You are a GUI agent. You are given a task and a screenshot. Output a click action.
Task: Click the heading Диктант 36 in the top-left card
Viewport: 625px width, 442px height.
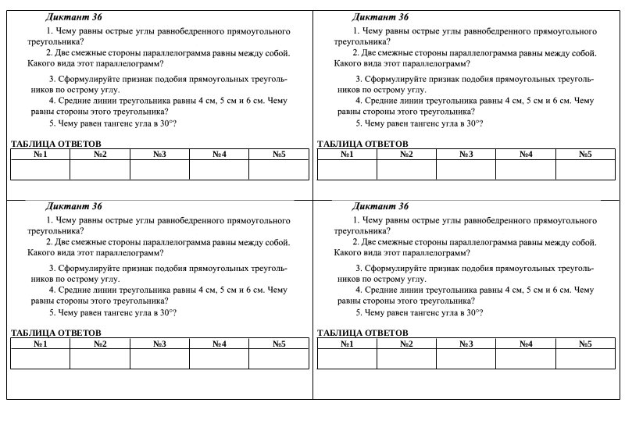coord(73,17)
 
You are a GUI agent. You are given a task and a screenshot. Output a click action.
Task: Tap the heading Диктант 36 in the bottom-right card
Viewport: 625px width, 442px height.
coord(380,207)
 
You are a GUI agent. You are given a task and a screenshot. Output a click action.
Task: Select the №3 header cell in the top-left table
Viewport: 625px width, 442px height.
coord(159,155)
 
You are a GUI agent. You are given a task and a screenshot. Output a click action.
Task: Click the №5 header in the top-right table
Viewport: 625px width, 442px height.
coord(585,155)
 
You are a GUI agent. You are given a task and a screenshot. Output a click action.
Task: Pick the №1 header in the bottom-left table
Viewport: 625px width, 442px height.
coord(40,344)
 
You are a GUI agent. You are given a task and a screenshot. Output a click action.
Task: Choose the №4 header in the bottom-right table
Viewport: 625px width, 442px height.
coord(525,344)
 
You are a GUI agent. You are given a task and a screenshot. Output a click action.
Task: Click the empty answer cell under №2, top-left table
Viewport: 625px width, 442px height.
coord(100,169)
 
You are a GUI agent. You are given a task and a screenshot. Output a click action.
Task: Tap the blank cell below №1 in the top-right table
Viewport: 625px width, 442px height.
coord(347,169)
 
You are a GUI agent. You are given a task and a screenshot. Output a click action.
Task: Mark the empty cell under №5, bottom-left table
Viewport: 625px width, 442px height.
coord(279,358)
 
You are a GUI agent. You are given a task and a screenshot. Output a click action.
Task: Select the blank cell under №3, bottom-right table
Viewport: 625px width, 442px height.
coord(466,358)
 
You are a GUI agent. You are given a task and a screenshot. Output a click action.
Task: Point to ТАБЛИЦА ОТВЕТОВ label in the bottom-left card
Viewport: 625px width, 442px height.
coord(56,333)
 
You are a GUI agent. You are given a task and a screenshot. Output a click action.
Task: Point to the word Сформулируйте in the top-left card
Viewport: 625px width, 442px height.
coord(85,79)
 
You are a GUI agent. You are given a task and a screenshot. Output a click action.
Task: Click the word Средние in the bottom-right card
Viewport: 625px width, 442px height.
coord(381,290)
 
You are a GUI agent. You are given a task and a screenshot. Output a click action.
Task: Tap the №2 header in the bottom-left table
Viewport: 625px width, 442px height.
coord(100,344)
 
